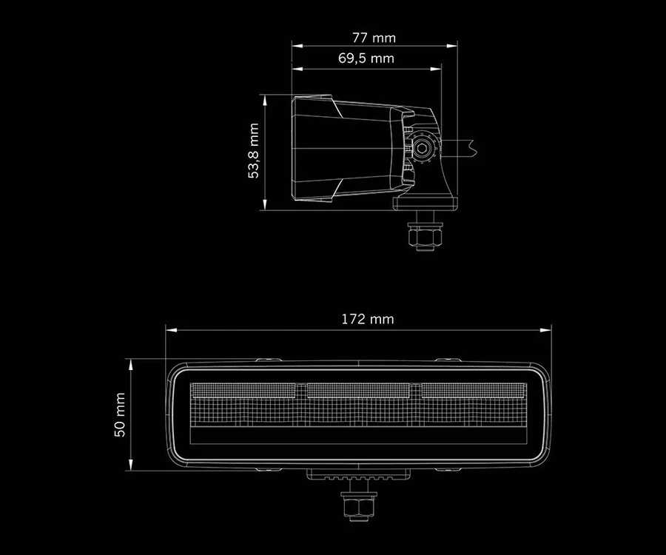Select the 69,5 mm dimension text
coord(366,58)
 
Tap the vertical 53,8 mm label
coord(254,152)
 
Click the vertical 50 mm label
coord(120,415)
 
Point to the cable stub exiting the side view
coord(462,146)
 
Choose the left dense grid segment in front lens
coord(243,389)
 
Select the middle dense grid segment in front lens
coord(358,389)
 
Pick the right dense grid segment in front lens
coord(472,389)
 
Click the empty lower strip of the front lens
coord(359,434)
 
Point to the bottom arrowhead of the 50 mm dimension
coord(130,467)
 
